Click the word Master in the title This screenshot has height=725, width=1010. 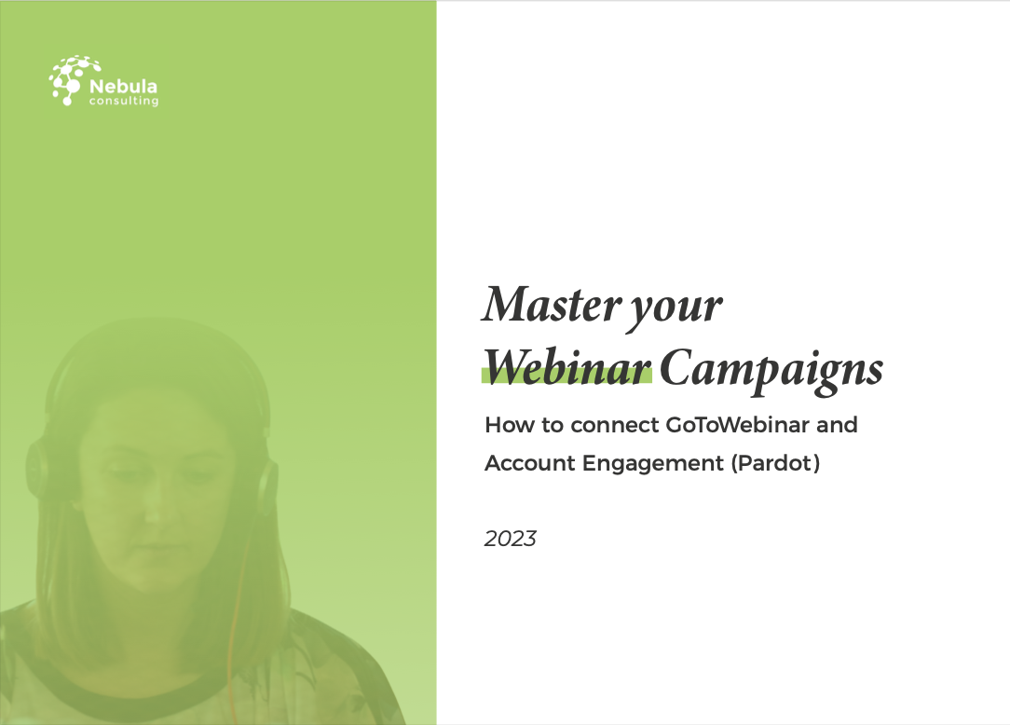click(x=543, y=305)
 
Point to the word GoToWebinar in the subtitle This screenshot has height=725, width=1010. click(x=726, y=425)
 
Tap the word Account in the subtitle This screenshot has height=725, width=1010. click(x=529, y=463)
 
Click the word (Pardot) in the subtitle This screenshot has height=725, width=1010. click(x=776, y=463)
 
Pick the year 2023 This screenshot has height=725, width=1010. click(x=511, y=539)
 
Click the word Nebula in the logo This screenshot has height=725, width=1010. click(x=123, y=87)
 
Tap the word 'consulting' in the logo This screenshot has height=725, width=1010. click(x=123, y=102)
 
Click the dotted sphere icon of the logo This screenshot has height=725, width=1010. click(x=68, y=80)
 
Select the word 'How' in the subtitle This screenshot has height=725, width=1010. click(x=505, y=425)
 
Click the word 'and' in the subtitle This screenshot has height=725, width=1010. click(x=838, y=425)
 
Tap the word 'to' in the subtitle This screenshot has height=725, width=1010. click(x=549, y=425)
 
